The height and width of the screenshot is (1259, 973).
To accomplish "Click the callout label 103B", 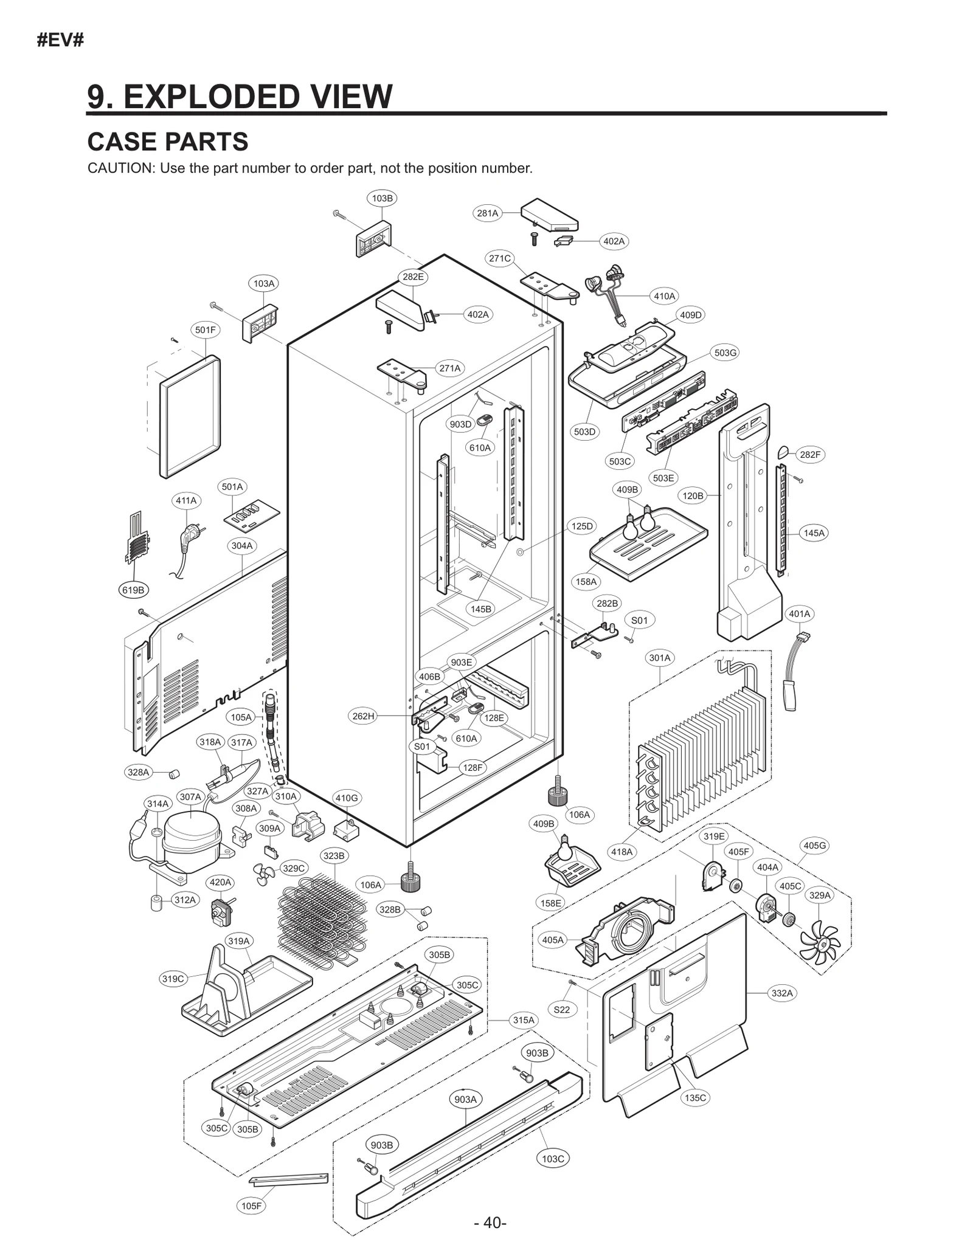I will point(382,198).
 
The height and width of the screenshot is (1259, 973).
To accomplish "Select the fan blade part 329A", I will point(819,945).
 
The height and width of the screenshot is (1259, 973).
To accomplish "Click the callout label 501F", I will point(205,330).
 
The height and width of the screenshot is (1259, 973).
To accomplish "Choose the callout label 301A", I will point(660,658).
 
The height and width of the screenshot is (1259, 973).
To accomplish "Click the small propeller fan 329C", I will point(265,874).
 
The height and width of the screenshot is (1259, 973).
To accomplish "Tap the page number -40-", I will point(490,1223).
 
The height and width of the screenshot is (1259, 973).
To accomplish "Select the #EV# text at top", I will point(60,41).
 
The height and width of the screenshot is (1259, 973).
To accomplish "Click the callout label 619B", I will point(133,590).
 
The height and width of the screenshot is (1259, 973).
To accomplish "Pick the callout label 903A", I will point(466,1099).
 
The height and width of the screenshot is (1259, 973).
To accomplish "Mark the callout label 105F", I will point(251,1206).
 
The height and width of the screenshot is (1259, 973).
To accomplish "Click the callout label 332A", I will point(782,993).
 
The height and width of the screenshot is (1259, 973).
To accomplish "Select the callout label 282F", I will point(809,455).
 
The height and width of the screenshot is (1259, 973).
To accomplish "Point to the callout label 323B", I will point(334,856).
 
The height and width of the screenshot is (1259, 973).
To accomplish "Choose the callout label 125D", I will point(582,526).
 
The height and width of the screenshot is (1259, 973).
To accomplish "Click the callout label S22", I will point(562,1010).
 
